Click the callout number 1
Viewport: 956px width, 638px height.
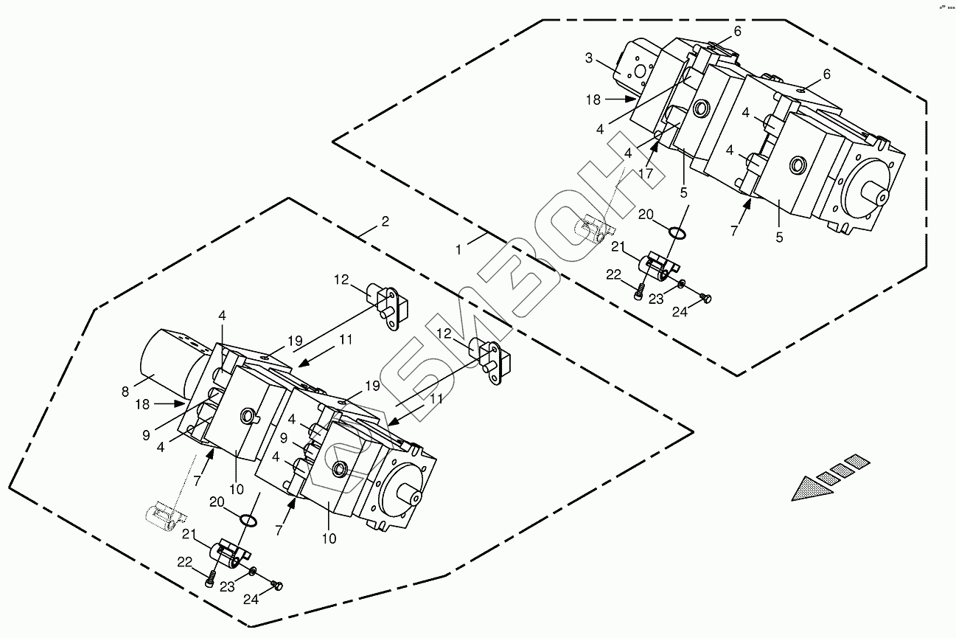click(x=458, y=250)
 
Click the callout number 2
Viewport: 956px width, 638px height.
click(x=385, y=221)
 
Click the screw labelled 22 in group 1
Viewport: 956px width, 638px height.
click(x=639, y=294)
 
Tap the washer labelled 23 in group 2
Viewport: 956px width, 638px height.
click(x=254, y=571)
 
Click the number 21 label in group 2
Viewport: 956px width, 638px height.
click(x=189, y=534)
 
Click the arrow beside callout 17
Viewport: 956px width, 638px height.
click(x=654, y=153)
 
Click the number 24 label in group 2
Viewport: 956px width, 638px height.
click(x=252, y=600)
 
